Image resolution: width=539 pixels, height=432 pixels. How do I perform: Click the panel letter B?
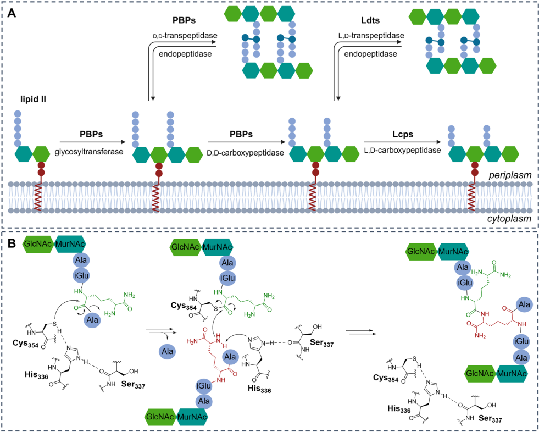click(12, 246)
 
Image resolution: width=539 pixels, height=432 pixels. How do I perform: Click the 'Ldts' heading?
click(370, 20)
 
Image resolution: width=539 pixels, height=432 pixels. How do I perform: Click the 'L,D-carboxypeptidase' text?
click(403, 150)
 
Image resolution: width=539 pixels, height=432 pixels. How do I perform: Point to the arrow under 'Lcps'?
click(403, 142)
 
